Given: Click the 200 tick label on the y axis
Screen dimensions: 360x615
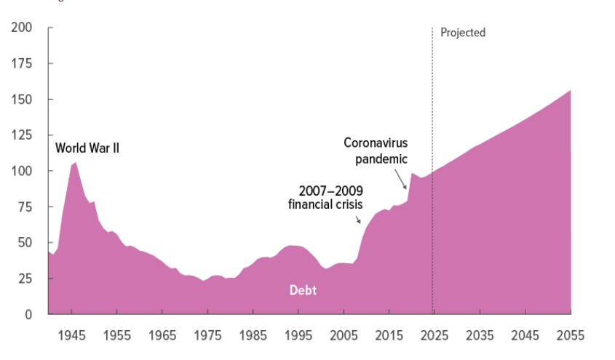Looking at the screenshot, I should pos(21,28).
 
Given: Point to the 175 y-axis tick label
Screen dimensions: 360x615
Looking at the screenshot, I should pos(22,63).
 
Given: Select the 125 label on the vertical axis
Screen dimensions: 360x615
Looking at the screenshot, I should pos(22,135).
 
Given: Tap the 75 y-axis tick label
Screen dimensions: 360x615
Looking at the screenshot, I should pos(25,207).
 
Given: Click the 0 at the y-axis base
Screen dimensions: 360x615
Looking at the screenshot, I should pos(28,314).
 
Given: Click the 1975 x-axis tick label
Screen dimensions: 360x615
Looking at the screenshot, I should pos(207,336).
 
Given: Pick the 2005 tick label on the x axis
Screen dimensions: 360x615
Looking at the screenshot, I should pos(342,336).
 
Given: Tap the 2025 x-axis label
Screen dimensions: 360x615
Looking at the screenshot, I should pos(432,336).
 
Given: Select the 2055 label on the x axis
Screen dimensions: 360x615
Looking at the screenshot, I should pos(568,336).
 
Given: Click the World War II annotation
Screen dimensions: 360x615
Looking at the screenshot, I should pos(87,148).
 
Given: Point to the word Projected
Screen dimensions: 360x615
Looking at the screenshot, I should pos(463,33).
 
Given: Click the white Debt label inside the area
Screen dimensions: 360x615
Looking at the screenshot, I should pos(303,290).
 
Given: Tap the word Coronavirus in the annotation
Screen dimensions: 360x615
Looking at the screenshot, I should pos(376,143).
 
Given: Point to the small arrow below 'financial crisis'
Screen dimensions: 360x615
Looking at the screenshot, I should pos(357,217).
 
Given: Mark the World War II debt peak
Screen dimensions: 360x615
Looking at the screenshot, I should pos(76,162).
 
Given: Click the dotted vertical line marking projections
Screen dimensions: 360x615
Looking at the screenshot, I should pos(432,109).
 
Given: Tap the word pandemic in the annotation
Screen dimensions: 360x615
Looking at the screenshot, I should pos(383,159).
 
